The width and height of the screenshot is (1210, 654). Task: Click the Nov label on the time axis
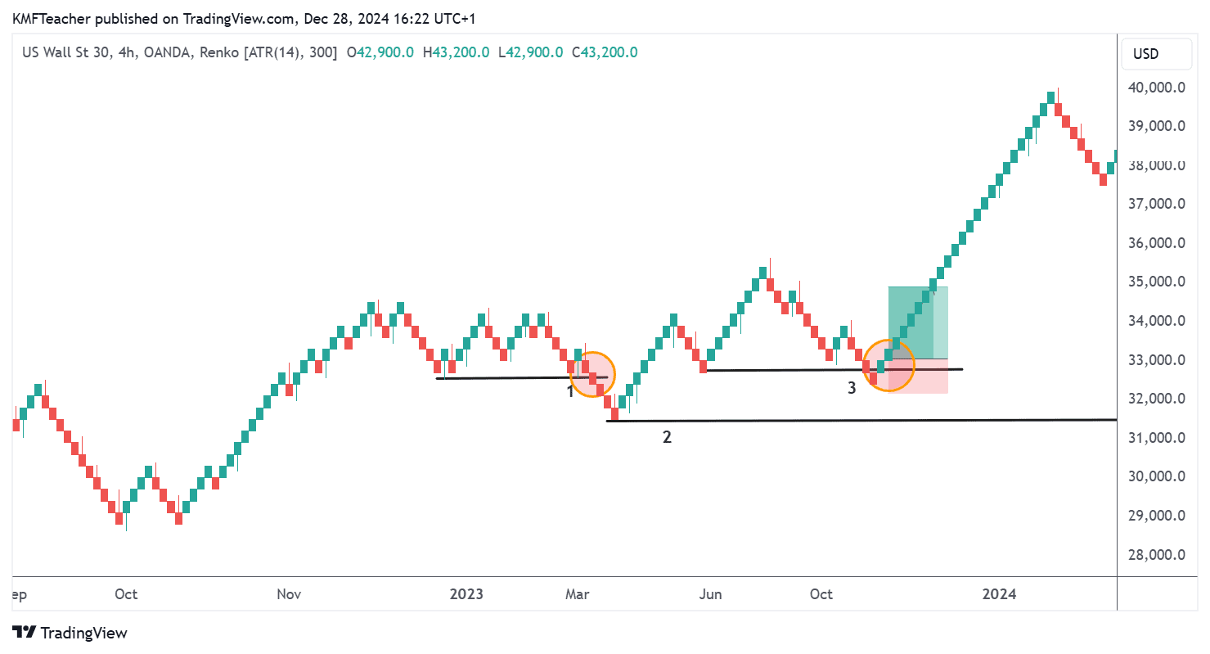pyautogui.click(x=289, y=594)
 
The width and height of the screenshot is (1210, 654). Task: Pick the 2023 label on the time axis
pyautogui.click(x=466, y=594)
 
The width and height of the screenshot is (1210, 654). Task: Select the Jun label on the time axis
pyautogui.click(x=710, y=594)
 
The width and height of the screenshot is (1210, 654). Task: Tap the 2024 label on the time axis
pyautogui.click(x=1000, y=594)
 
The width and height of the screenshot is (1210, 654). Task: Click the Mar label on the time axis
pyautogui.click(x=578, y=594)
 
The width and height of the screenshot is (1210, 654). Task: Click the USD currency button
pyautogui.click(x=1145, y=54)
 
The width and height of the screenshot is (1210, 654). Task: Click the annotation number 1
pyautogui.click(x=570, y=391)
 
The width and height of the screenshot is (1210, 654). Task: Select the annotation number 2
pyautogui.click(x=667, y=437)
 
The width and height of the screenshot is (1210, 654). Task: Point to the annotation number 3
pyautogui.click(x=852, y=388)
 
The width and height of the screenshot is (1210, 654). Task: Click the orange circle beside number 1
pyautogui.click(x=592, y=375)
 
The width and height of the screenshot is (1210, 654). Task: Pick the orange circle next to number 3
pyautogui.click(x=888, y=365)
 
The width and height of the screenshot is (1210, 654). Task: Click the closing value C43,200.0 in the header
pyautogui.click(x=605, y=52)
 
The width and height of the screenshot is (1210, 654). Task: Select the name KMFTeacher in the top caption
pyautogui.click(x=46, y=16)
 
